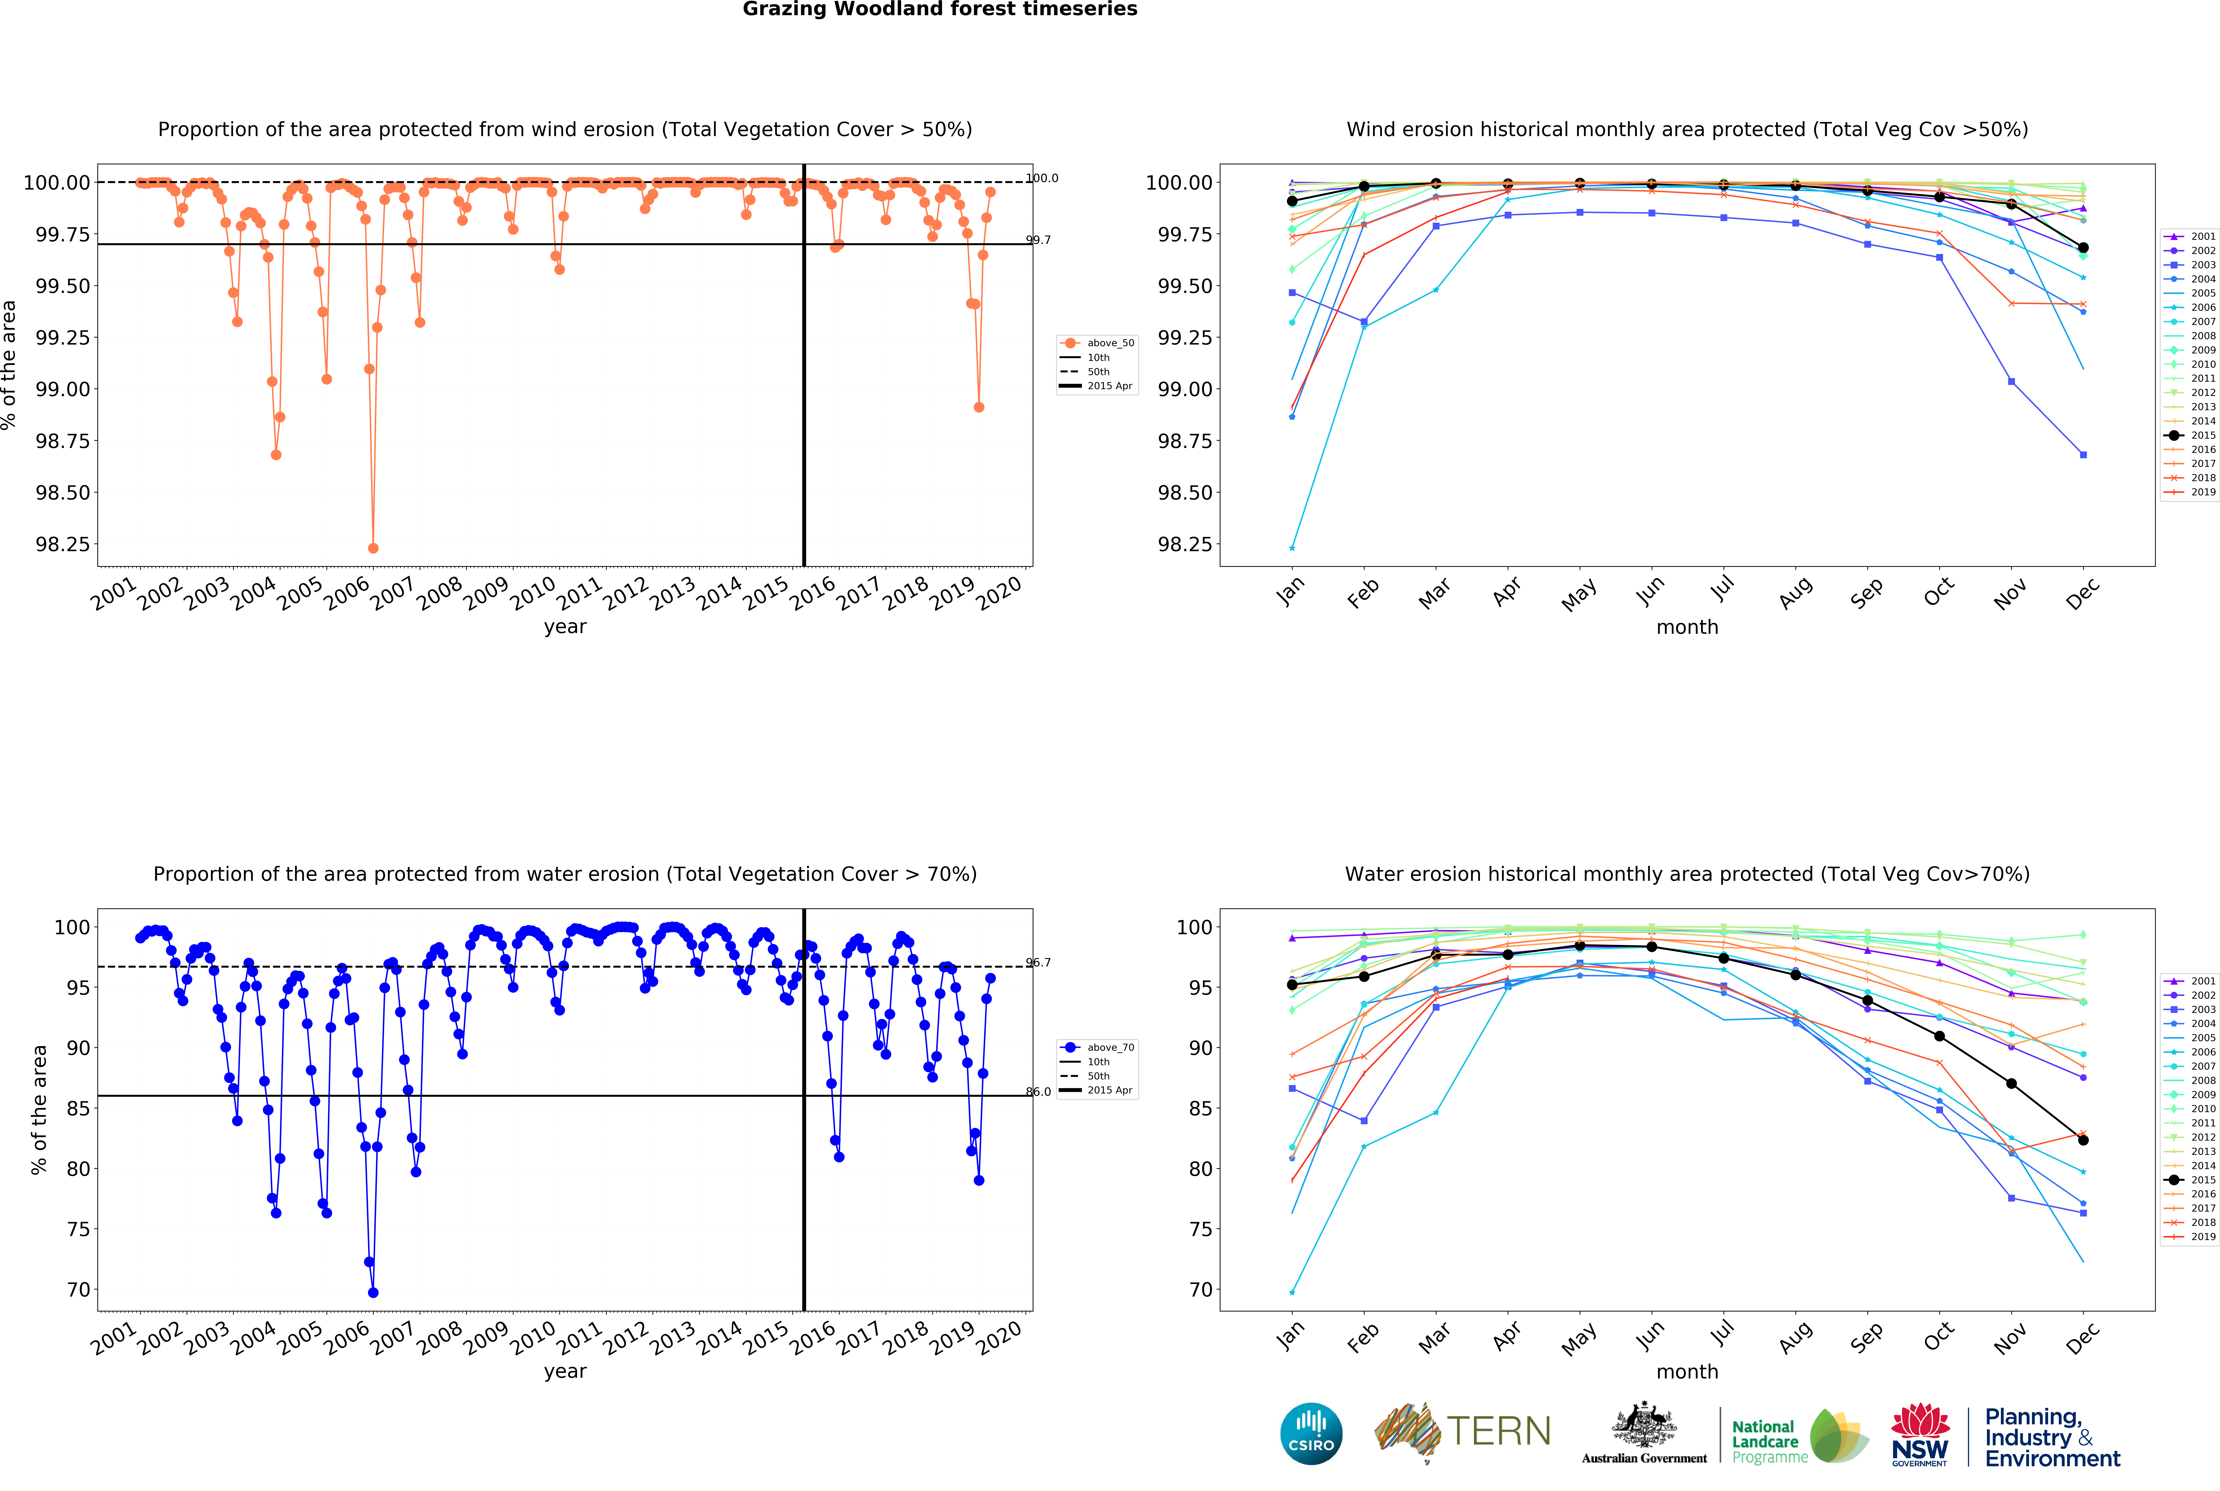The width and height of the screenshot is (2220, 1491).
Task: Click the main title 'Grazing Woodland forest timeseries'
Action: tap(940, 10)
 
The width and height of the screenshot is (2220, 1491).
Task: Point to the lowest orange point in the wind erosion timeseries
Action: tap(373, 548)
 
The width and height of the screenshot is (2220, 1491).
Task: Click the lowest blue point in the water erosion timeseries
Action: tap(373, 1292)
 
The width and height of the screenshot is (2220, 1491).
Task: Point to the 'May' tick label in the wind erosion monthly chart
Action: tap(1579, 594)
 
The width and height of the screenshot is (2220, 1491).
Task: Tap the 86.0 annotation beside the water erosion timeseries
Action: tap(1039, 1092)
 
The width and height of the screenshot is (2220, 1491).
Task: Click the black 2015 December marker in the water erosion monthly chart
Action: tap(2083, 1140)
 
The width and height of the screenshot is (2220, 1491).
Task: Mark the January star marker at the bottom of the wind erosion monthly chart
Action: tap(1292, 548)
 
